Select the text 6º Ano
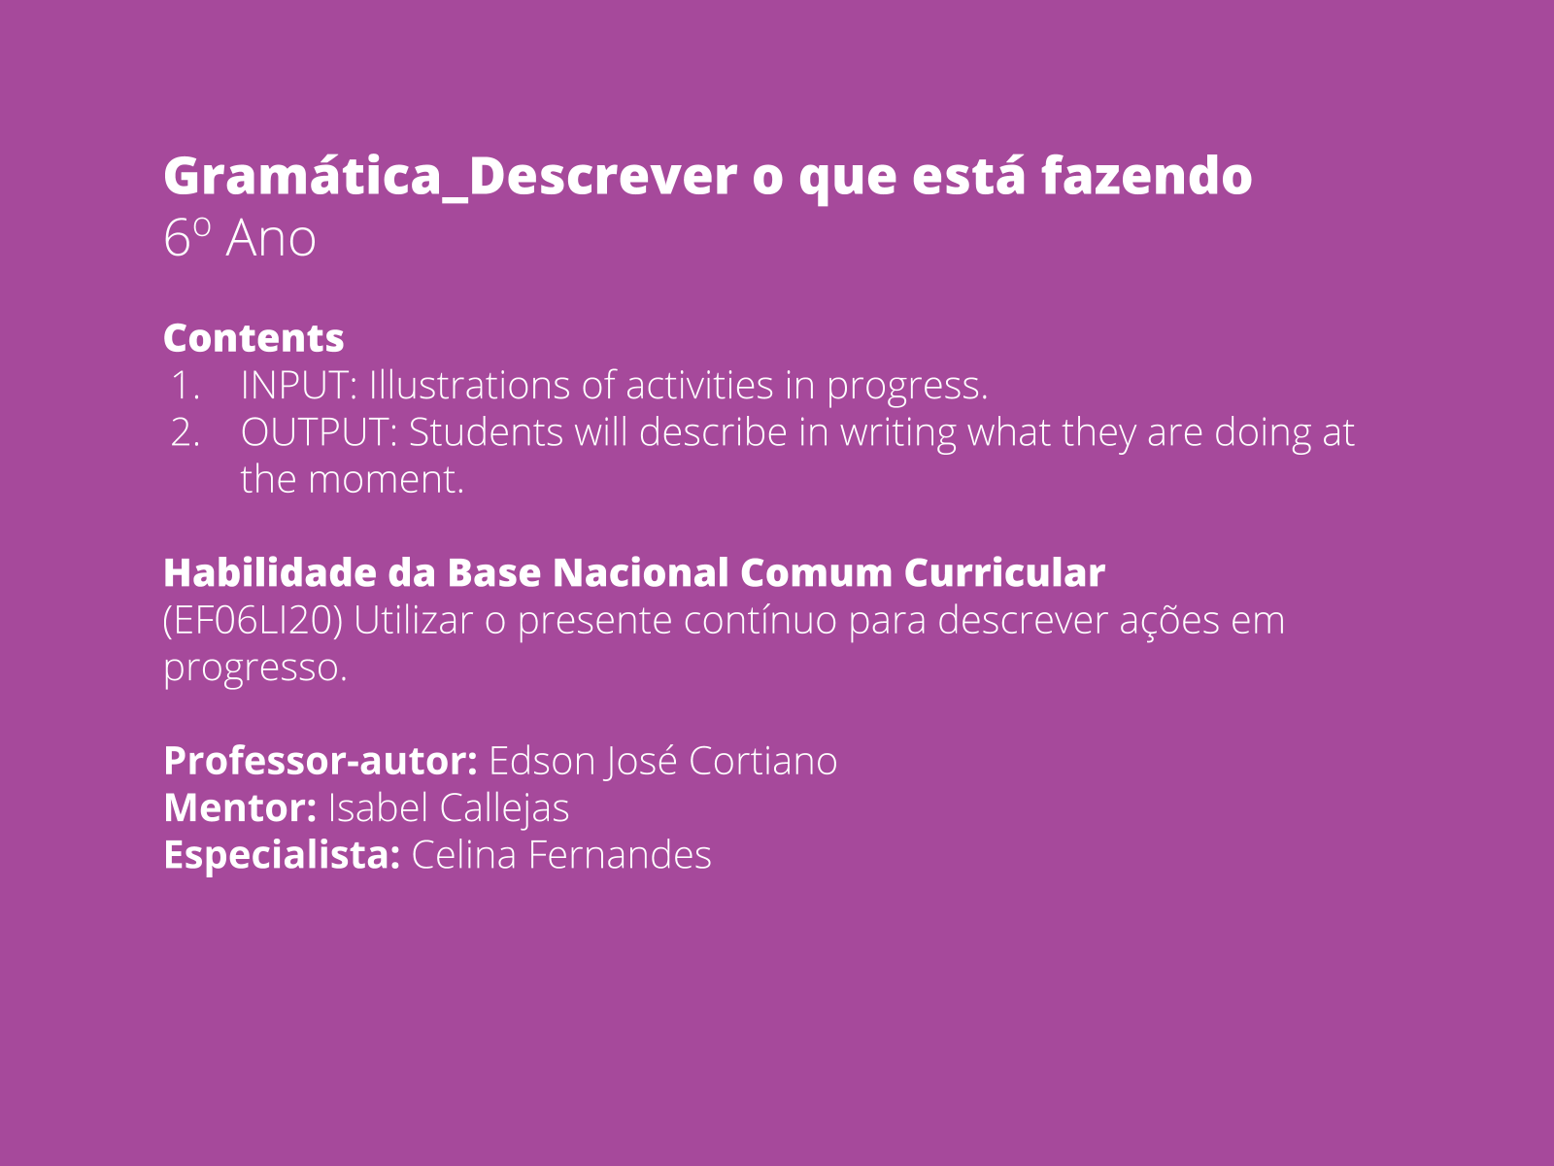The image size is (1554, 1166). pos(240,238)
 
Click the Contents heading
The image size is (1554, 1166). pos(253,338)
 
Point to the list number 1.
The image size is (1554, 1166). pos(185,386)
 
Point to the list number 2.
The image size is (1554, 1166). pos(185,432)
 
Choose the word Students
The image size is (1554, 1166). pos(486,432)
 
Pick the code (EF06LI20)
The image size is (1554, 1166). pos(253,620)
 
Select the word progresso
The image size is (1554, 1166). pos(254,668)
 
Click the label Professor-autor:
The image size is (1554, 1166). pos(321,761)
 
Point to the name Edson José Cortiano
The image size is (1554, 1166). pos(662,761)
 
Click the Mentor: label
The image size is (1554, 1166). pos(240,807)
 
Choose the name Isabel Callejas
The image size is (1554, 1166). pos(449,807)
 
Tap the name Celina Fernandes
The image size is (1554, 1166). pos(561,855)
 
